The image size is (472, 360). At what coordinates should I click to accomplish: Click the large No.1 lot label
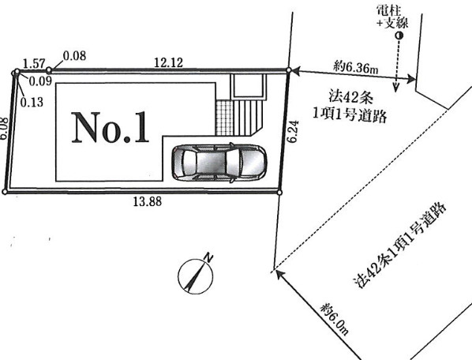[111, 127]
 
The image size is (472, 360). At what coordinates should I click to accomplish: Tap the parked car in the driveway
[219, 163]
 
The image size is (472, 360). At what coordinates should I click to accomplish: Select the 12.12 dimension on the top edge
[169, 62]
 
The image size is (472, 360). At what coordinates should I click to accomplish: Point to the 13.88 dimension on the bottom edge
[148, 201]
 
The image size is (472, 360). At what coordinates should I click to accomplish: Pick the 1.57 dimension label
[34, 64]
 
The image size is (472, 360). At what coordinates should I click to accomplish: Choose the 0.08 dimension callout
[75, 56]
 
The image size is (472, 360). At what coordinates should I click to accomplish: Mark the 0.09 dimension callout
[40, 81]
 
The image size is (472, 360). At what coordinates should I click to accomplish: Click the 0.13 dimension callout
[32, 103]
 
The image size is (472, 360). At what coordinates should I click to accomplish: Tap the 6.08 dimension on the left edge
[4, 129]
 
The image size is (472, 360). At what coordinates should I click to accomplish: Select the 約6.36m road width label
[355, 68]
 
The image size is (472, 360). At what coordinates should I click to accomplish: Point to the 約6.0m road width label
[335, 320]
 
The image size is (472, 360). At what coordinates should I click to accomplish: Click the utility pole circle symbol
[399, 36]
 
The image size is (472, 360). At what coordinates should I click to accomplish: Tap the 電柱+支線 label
[393, 17]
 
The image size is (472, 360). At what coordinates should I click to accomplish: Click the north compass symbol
[196, 276]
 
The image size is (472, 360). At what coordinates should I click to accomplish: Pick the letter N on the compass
[209, 258]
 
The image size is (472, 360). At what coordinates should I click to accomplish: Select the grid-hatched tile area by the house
[225, 118]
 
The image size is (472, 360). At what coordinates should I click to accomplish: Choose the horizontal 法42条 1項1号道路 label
[350, 107]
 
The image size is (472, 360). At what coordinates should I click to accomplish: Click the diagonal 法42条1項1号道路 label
[400, 245]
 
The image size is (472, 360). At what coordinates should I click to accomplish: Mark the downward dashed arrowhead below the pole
[396, 88]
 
